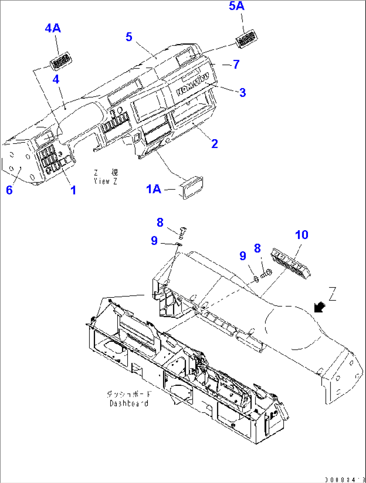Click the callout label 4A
pos(53,28)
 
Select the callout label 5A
pos(237,6)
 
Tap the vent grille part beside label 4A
pos(61,62)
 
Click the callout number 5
pos(129,37)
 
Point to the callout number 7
pos(236,64)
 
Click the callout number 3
pos(242,92)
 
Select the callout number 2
pos(215,144)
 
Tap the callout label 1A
pos(153,189)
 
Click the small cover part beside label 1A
pos(193,187)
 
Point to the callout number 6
pos(9,190)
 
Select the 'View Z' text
pos(105,181)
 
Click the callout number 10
pos(301,235)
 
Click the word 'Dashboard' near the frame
pos(129,403)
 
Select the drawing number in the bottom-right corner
pos(345,479)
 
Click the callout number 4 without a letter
pos(56,79)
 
